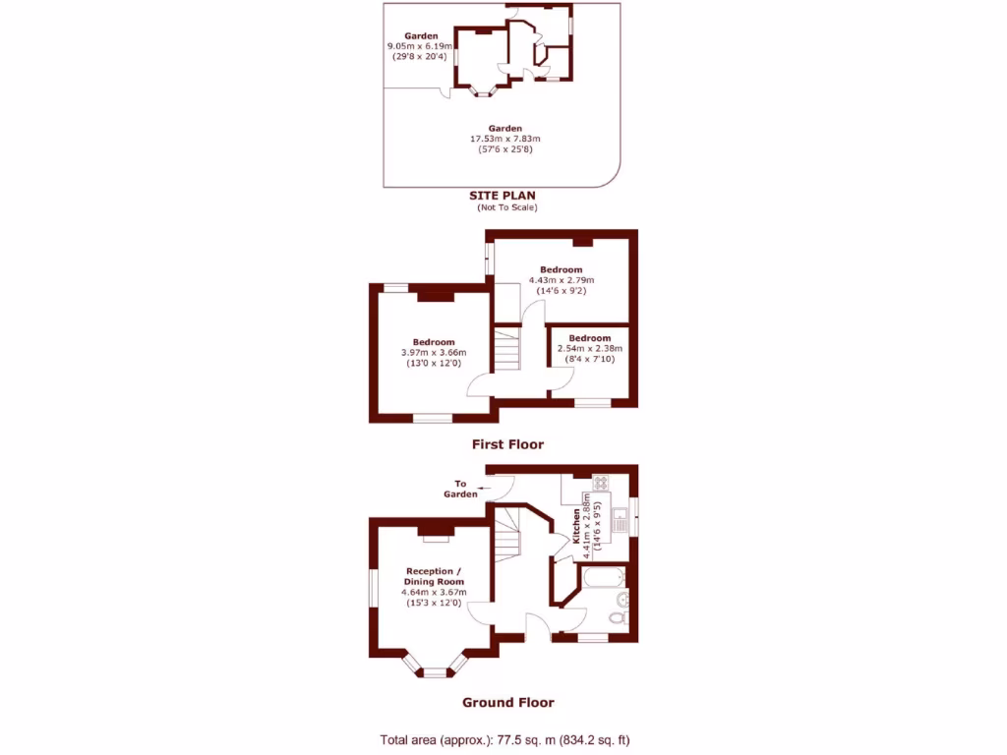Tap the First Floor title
click(507, 444)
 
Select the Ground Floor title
click(507, 702)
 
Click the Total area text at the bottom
click(511, 739)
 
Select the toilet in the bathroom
click(617, 617)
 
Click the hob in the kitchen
click(599, 483)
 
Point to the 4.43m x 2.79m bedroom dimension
click(561, 280)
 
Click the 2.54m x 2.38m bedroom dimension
click(589, 349)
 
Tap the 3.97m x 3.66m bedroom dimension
click(434, 354)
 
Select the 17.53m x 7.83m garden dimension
click(505, 139)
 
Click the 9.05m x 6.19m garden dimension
click(420, 46)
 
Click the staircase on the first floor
click(505, 350)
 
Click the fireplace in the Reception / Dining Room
click(434, 532)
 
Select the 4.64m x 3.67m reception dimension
click(434, 593)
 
